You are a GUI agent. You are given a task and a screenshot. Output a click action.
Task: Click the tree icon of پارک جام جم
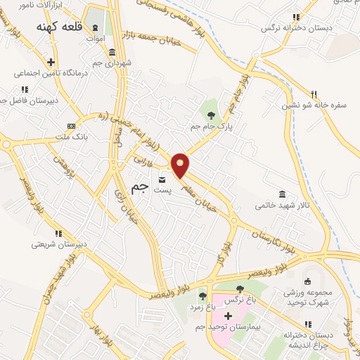pyautogui.click(x=210, y=112)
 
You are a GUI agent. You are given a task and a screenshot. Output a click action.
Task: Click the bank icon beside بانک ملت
pyautogui.click(x=70, y=124)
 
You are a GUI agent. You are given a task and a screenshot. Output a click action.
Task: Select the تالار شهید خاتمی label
pyautogui.click(x=283, y=207)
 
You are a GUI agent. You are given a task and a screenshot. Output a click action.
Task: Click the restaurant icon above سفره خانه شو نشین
pyautogui.click(x=314, y=94)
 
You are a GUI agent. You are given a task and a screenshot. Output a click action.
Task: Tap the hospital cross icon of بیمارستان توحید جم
pyautogui.click(x=227, y=314)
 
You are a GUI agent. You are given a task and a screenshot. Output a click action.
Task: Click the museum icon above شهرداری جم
pyautogui.click(x=112, y=53)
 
